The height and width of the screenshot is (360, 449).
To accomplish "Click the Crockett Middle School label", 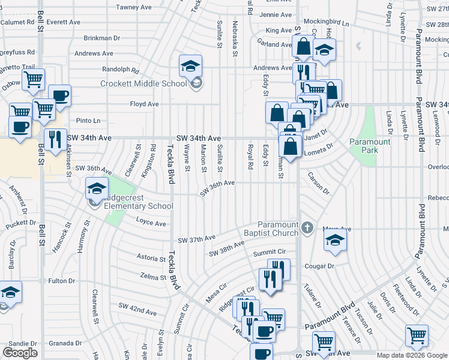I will tap(143, 83).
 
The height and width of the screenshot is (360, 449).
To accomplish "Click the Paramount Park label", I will tap(370, 146).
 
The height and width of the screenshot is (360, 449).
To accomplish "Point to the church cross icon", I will tap(307, 227).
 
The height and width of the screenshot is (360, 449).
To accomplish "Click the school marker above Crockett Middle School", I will tap(191, 66).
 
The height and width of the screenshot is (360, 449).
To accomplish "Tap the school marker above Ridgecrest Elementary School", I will tap(96, 188).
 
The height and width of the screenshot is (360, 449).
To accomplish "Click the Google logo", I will tap(20, 353).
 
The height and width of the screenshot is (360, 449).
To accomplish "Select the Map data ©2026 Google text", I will tap(412, 355).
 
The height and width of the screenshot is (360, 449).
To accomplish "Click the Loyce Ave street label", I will tap(151, 223).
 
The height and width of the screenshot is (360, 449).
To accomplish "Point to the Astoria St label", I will tap(150, 259).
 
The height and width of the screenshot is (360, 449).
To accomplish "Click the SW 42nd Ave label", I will tap(137, 309).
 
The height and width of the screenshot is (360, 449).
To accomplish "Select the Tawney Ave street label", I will tap(134, 7).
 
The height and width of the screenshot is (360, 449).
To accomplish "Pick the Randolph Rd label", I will tap(125, 69).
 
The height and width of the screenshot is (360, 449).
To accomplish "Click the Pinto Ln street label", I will tap(88, 121).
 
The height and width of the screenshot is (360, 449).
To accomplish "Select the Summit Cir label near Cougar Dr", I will tap(268, 253).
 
